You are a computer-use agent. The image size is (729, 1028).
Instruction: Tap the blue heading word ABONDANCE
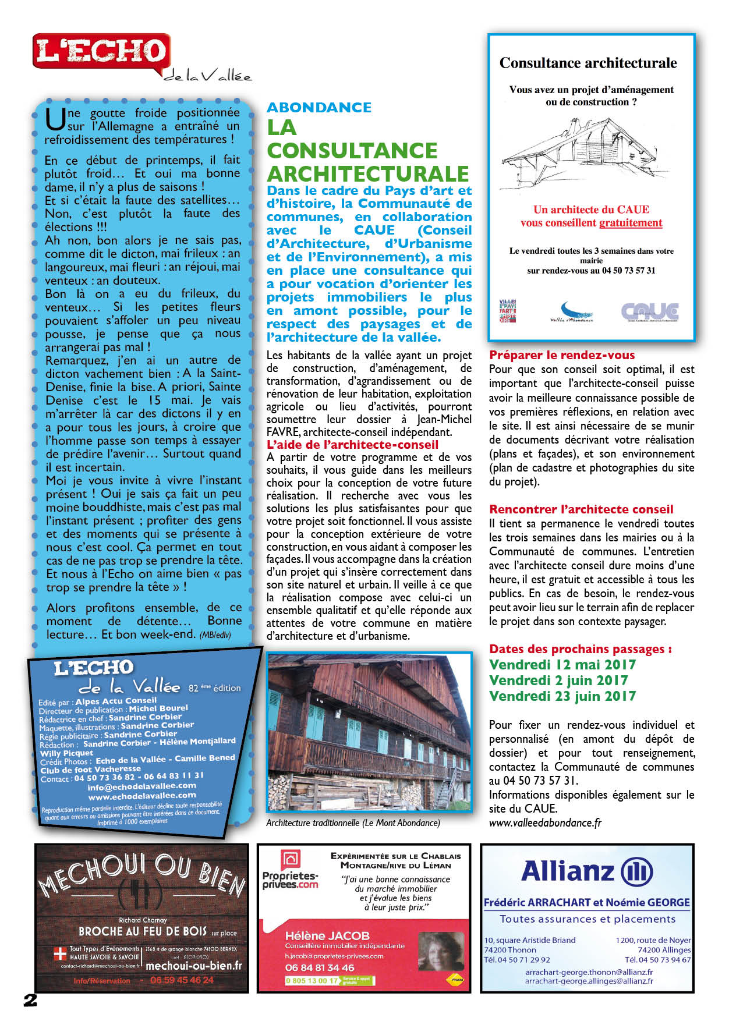319,108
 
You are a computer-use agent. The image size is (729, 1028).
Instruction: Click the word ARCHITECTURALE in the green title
368,174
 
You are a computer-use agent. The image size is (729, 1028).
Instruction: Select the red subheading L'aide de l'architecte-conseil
352,445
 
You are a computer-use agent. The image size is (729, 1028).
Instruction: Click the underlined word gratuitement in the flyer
631,223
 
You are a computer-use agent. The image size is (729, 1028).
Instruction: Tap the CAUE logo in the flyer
650,311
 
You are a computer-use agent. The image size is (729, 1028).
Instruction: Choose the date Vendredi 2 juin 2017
558,680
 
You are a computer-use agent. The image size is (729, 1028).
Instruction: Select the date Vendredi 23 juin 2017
562,696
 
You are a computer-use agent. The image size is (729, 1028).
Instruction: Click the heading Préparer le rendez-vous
562,355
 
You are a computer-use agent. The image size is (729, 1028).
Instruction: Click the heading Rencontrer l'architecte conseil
581,509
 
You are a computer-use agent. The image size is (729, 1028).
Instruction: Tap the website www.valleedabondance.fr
545,823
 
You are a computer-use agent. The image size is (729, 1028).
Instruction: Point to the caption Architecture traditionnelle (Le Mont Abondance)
353,823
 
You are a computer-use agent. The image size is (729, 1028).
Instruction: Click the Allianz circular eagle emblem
637,872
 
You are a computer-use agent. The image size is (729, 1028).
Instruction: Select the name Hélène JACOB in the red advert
327,936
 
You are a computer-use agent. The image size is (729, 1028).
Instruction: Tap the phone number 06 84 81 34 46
320,967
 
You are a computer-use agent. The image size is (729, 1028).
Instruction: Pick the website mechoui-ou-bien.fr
193,966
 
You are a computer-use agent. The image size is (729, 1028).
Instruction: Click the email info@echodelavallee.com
141,786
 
